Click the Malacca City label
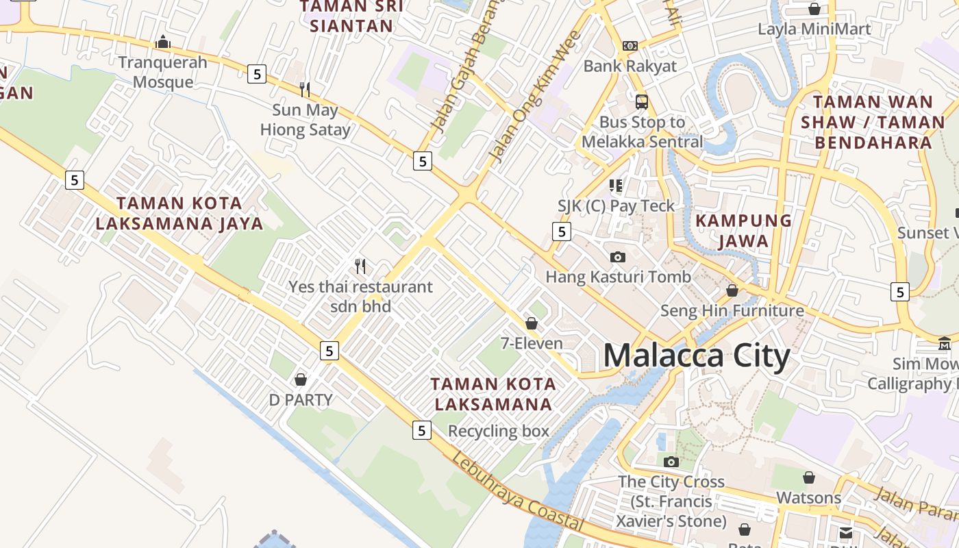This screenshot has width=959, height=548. point(697,356)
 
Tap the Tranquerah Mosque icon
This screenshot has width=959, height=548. point(162,42)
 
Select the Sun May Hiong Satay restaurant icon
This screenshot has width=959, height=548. point(305,89)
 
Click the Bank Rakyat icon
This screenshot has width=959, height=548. point(630,46)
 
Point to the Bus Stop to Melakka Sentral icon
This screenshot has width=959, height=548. point(641,102)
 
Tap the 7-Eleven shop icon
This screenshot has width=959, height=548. point(531,323)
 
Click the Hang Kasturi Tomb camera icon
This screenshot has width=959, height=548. point(617,257)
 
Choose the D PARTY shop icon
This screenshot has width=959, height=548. point(300,379)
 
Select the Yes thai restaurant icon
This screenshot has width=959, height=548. point(360,266)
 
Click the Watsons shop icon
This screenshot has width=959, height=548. point(808,477)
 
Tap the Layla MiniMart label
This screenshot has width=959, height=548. point(814,29)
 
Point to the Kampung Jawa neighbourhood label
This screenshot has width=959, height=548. point(743,231)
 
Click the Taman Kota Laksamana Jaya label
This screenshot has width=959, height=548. point(179,213)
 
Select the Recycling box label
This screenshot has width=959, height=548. point(498,431)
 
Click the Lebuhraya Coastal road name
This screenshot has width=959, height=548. point(517,492)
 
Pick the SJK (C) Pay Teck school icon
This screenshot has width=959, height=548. point(616,186)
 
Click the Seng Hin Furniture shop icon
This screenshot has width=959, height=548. point(732,290)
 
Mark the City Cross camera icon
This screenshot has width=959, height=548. point(671,462)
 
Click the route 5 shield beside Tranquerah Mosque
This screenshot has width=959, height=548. point(256,74)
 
